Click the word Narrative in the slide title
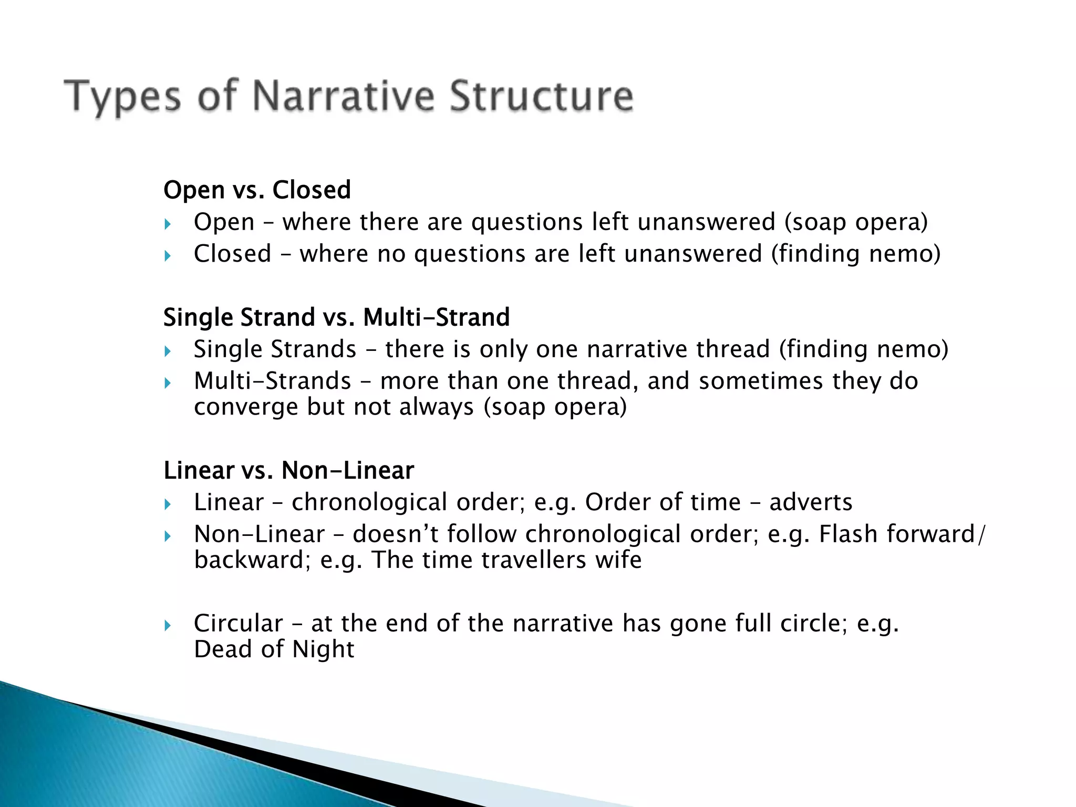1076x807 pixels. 344,96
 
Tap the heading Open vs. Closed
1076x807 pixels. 257,190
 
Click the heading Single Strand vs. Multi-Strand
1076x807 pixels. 336,317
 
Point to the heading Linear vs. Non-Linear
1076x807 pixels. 288,470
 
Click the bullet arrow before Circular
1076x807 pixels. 168,625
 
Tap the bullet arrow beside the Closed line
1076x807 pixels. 168,256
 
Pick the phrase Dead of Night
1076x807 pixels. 274,649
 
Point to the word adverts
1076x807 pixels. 811,502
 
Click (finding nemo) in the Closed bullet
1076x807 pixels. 855,254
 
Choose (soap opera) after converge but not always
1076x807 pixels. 555,407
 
